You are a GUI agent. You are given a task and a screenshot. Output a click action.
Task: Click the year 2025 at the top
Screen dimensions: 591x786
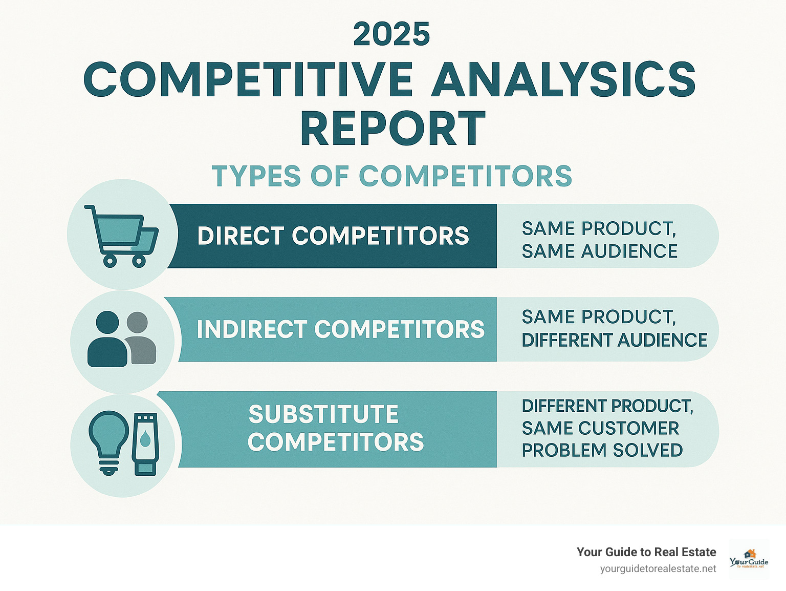point(391,34)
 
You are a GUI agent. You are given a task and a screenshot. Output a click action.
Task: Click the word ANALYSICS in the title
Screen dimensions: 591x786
point(563,79)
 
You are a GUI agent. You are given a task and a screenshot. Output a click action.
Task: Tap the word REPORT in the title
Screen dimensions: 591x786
point(392,129)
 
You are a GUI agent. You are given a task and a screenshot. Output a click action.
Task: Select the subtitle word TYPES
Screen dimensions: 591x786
point(256,176)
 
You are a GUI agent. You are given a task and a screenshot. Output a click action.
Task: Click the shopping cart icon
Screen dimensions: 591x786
point(122,235)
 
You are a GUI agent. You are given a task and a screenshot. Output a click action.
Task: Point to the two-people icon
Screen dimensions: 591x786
point(122,339)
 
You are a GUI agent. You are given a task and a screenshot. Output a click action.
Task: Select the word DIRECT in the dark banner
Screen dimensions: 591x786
point(241,236)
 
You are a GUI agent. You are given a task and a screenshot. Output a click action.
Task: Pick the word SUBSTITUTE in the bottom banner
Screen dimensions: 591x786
point(323,414)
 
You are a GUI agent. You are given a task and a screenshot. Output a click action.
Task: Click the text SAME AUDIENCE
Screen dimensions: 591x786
point(599,251)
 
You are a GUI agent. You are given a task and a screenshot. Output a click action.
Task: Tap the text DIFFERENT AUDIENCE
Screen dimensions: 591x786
point(614,340)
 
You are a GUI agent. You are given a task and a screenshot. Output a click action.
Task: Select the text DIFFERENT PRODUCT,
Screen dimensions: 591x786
point(607,406)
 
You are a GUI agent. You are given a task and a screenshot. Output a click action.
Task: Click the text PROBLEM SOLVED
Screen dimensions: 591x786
point(602,450)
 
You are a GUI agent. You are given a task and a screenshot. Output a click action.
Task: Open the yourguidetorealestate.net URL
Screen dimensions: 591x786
point(658,569)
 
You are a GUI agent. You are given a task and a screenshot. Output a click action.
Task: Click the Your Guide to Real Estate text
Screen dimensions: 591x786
point(646,552)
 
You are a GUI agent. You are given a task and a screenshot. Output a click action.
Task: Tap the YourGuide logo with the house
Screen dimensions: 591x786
point(749,559)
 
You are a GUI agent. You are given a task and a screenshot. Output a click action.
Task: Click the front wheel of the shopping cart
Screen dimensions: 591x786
point(110,261)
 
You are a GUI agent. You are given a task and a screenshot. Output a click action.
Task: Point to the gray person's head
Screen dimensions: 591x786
point(137,323)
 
